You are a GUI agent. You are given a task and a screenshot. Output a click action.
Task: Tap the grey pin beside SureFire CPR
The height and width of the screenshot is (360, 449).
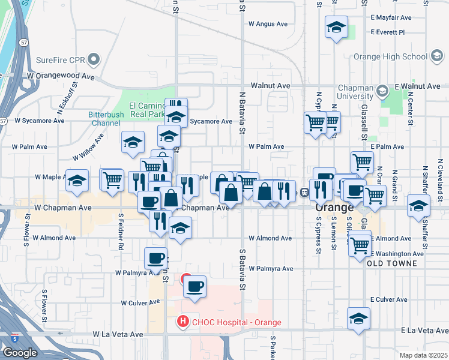93,59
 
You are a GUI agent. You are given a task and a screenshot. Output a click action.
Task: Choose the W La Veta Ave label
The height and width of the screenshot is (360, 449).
118,334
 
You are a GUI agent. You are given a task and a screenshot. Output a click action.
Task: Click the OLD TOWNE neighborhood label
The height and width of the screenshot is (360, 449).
387,263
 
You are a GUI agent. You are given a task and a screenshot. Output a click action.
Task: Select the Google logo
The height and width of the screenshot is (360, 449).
20,353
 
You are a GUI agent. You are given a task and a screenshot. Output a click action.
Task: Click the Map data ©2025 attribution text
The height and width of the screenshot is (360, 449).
424,355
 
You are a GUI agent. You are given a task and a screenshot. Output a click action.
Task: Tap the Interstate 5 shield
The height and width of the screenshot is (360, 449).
14,339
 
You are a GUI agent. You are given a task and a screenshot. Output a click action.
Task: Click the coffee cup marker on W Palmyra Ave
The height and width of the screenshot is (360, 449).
155,258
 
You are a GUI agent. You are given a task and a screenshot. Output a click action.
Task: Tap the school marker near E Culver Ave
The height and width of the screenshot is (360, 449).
358,319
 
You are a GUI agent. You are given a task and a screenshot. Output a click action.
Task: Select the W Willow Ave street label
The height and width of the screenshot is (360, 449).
88,147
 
